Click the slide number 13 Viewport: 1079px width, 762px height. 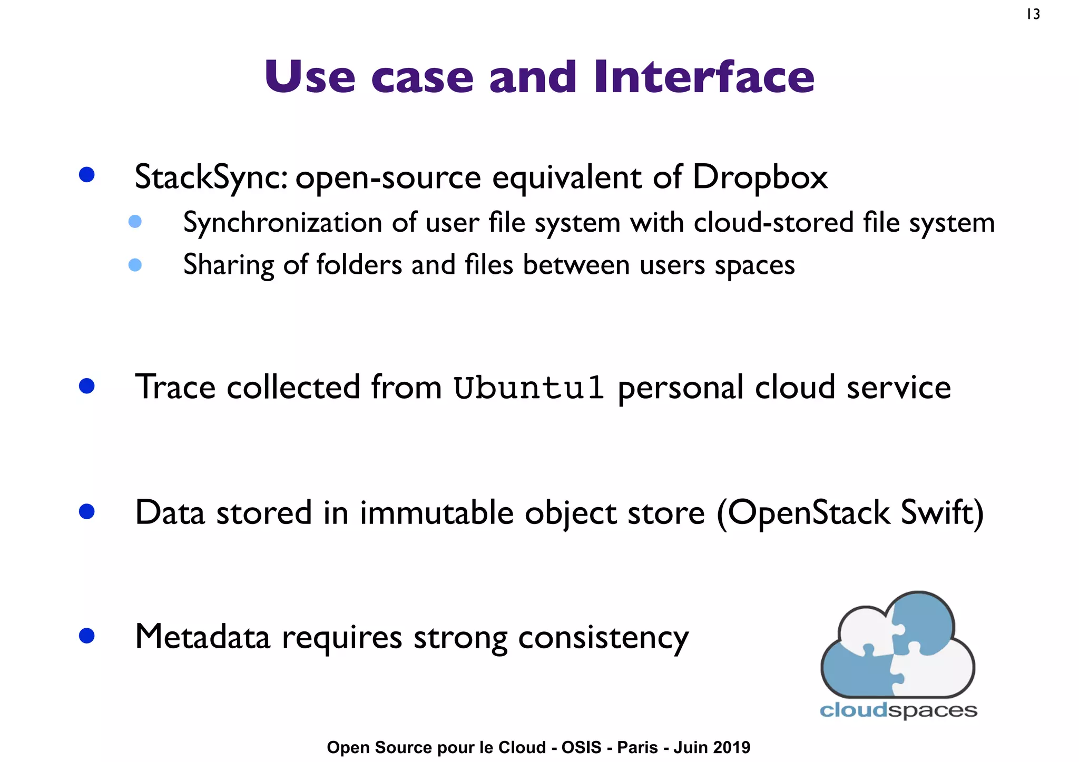click(x=1033, y=14)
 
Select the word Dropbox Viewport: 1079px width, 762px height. click(x=759, y=177)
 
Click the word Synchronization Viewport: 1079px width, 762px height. click(x=282, y=223)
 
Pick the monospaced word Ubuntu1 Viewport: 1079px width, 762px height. click(x=528, y=388)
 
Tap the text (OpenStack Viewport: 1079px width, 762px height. click(x=803, y=512)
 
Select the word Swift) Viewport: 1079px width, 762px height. click(x=942, y=512)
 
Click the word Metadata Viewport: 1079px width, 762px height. click(x=202, y=637)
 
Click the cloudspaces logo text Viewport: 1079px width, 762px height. click(x=898, y=710)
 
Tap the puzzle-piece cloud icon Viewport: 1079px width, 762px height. click(x=898, y=645)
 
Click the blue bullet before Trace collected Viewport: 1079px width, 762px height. click(x=86, y=386)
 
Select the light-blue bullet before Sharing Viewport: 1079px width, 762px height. click(x=135, y=265)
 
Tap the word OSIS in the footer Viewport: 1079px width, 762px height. click(x=581, y=747)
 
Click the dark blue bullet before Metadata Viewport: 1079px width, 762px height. click(x=86, y=636)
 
